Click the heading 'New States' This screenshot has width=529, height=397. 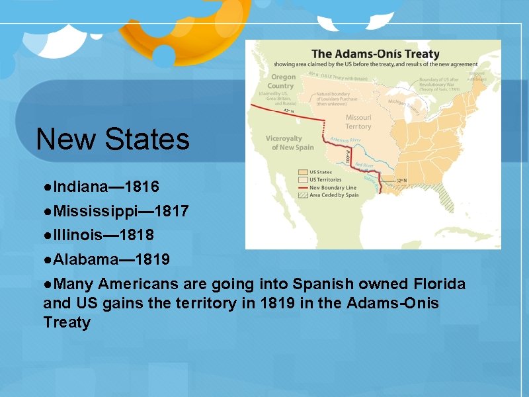(112, 139)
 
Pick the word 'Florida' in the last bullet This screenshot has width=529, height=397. (440, 285)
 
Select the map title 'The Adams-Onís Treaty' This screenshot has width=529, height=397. (376, 54)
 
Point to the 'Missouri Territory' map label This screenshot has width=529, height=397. (358, 122)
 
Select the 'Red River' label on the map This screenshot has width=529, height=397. (364, 165)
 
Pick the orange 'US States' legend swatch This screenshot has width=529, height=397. (303, 172)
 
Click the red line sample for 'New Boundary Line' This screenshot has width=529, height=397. (303, 187)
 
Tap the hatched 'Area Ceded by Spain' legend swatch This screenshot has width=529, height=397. (303, 195)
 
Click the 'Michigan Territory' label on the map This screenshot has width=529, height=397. (403, 104)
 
